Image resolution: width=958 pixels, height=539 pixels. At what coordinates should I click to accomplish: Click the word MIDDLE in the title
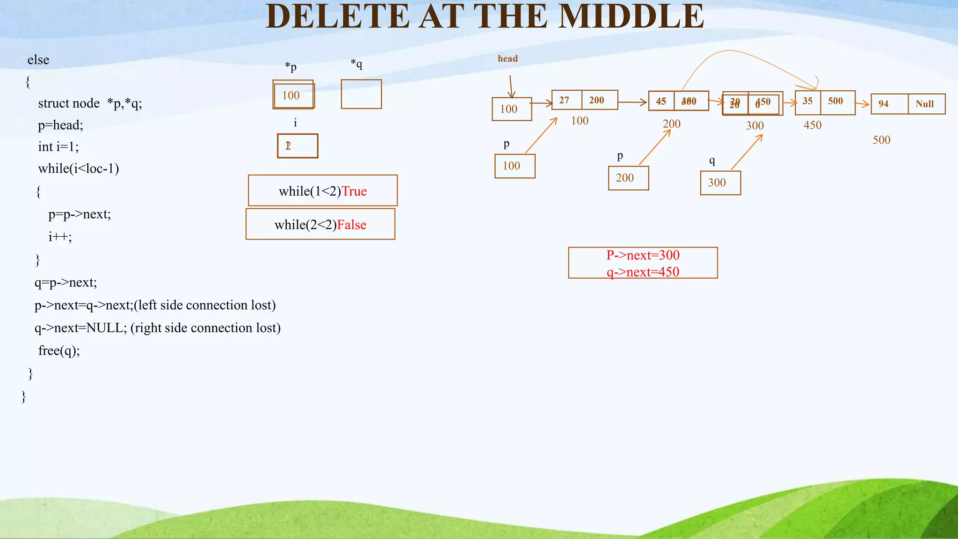tap(631, 17)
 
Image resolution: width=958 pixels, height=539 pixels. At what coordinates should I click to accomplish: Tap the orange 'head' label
tap(508, 58)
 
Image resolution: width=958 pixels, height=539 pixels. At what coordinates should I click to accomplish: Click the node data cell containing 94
tap(889, 104)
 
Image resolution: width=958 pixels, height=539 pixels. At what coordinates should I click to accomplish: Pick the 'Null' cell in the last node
tap(926, 104)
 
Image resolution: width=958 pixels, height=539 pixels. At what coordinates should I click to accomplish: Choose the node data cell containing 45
tap(661, 101)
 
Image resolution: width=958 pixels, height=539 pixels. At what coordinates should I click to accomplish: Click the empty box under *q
tap(361, 94)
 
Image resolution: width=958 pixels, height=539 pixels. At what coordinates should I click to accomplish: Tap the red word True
tap(354, 191)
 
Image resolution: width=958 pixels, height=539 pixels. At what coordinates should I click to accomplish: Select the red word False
tap(351, 225)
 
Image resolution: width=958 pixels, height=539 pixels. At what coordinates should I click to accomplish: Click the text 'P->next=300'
tap(643, 255)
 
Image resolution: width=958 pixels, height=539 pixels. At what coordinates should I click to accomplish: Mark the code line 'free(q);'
tap(59, 350)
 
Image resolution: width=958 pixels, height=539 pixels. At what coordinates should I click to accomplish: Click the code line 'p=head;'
tap(60, 125)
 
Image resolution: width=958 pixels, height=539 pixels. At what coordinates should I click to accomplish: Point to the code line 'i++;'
tap(60, 236)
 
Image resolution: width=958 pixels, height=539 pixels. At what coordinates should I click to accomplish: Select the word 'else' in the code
tap(38, 60)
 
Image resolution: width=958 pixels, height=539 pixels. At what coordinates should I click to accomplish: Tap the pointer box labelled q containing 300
tap(720, 182)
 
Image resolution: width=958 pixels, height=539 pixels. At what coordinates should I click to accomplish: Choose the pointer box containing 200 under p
tap(628, 178)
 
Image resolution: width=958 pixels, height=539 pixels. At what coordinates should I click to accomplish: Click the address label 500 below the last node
tap(881, 140)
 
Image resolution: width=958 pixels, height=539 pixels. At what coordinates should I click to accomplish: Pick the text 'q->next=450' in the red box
tap(643, 272)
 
